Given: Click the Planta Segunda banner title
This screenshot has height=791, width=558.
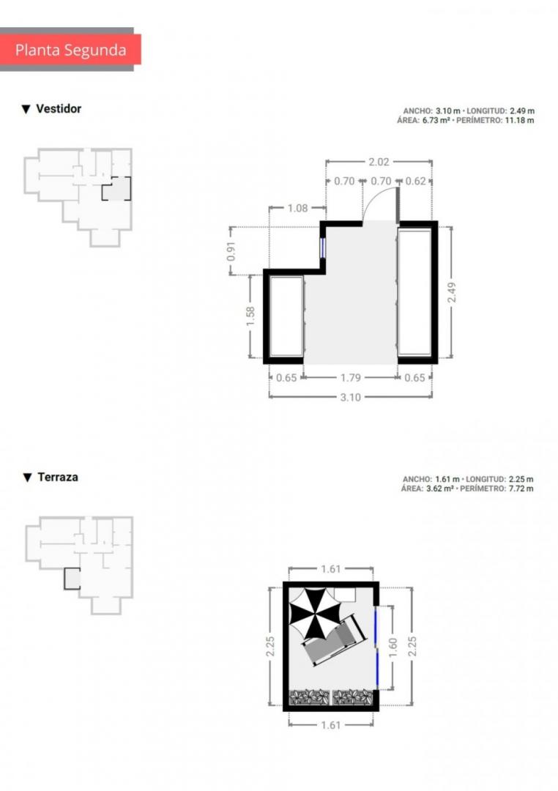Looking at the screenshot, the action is point(70,50).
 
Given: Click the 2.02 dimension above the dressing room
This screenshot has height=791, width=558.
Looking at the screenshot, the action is point(379,162).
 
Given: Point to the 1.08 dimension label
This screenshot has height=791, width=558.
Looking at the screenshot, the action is point(297,208).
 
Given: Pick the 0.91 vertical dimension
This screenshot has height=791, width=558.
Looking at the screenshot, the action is point(231,251).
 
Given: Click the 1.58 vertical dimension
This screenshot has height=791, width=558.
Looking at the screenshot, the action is point(250,316).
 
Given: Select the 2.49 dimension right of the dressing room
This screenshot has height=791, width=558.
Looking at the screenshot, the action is point(452,292).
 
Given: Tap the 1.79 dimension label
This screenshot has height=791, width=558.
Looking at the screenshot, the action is point(351,377).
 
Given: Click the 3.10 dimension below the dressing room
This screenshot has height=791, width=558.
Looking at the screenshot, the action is point(351,397).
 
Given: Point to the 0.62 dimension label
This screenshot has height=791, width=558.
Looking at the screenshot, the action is point(416,181).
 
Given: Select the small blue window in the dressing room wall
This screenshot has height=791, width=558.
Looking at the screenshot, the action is point(322,248).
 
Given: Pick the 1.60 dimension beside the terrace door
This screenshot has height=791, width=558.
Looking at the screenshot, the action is point(393,647).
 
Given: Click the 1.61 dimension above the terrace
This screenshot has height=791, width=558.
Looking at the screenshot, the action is point(331,569).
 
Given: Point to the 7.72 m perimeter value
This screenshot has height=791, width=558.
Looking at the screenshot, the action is point(519,489).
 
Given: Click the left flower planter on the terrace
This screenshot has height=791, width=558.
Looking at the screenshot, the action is point(309,697).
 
